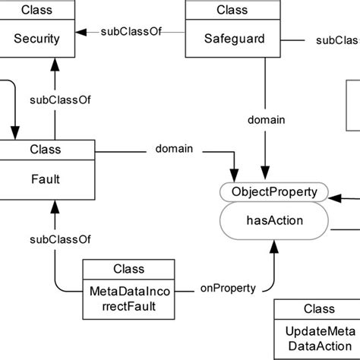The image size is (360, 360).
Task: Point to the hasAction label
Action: coord(274,221)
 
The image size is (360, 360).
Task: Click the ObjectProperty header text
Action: coord(274,191)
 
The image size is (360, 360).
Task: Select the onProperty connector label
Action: coord(228,288)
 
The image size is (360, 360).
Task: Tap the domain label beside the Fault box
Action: coord(174,150)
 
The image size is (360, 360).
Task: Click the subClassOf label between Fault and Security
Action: coord(55,99)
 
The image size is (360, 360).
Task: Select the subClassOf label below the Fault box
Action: coord(55,239)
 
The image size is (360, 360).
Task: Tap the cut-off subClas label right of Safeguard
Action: coord(337,39)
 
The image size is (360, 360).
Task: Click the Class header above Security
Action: coord(38,11)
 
